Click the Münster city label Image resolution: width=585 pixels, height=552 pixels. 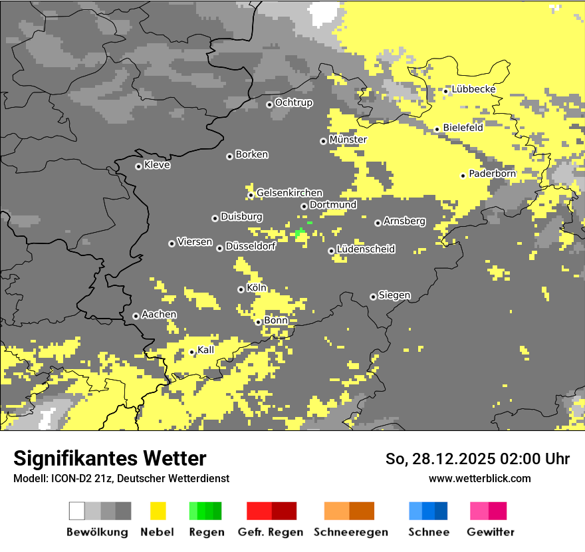coord(348,140)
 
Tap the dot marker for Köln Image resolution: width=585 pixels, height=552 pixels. coord(241,289)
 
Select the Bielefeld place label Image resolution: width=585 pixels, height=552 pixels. coord(463,128)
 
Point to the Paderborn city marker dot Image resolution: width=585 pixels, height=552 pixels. coord(463,176)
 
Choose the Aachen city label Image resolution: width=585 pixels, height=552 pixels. coord(159,315)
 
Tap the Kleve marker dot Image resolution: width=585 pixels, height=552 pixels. coord(138,166)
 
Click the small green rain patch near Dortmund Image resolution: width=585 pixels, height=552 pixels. coord(299,233)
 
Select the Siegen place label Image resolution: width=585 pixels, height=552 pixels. coord(394,295)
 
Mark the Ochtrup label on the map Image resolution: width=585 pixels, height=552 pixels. coord(293,102)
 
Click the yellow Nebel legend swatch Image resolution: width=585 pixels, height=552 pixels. coord(158,511)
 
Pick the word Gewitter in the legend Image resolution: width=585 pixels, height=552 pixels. coord(490,532)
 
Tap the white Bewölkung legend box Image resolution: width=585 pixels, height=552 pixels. coord(77,511)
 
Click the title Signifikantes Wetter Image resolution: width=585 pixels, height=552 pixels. coord(110,458)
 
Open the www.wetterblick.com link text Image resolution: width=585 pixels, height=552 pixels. coord(479,478)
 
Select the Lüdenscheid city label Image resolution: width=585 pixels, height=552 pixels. coord(366,249)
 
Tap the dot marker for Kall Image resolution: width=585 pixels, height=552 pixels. coord(191,352)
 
